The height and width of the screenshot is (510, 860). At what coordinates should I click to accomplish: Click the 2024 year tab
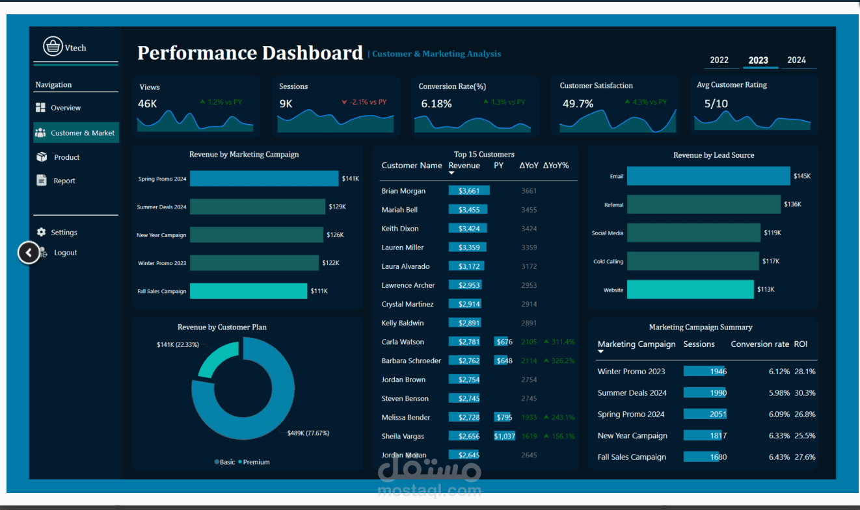[796, 60]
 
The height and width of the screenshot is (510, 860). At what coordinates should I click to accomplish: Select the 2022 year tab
[719, 60]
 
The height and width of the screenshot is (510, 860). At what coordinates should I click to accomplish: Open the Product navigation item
[66, 157]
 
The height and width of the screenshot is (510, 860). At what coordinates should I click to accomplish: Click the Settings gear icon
[42, 232]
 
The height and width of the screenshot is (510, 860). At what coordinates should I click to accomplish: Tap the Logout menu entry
[65, 253]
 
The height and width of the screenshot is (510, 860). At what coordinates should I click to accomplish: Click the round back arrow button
[29, 253]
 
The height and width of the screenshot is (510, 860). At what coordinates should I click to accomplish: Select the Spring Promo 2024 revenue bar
[264, 179]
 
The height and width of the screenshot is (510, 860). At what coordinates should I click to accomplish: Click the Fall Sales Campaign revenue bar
[249, 291]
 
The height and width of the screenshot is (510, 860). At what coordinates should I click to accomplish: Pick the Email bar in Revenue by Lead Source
[708, 176]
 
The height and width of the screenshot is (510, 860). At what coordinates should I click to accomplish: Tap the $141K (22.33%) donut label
[177, 344]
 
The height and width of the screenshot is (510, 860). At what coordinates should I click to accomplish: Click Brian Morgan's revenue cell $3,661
[468, 191]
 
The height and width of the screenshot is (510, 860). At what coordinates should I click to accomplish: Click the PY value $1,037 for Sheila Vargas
[505, 437]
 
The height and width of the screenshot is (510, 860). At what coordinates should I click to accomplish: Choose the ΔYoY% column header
[556, 166]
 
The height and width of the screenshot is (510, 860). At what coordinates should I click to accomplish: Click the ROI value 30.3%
[805, 393]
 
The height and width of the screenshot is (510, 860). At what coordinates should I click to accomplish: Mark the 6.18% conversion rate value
[436, 104]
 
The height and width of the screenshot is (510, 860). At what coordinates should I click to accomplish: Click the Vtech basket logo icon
[53, 47]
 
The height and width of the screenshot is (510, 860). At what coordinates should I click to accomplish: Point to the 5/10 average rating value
[716, 103]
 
